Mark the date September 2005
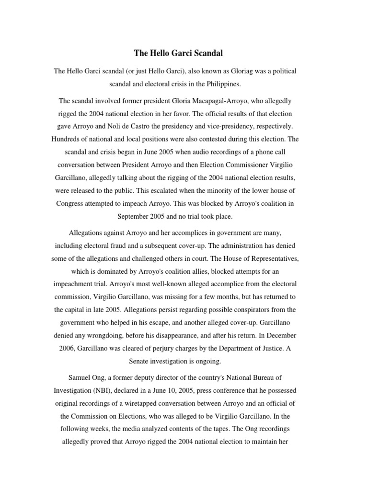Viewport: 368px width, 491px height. point(139,216)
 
